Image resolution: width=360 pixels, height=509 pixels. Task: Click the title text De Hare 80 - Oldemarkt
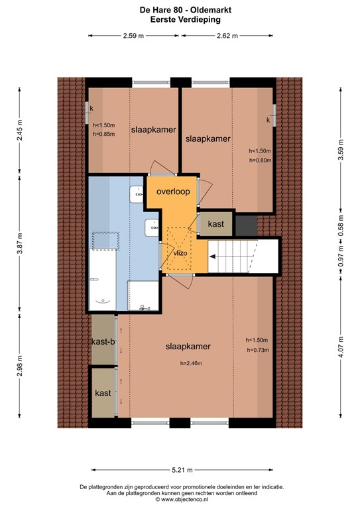click(x=180, y=11)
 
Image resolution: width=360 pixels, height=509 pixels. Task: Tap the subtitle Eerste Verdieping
click(x=180, y=20)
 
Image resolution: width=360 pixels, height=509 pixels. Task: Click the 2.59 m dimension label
click(x=133, y=36)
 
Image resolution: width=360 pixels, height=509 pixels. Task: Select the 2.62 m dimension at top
click(x=227, y=36)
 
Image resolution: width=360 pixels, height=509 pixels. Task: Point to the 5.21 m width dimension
click(x=180, y=470)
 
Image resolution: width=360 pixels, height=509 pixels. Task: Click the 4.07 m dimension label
click(x=340, y=347)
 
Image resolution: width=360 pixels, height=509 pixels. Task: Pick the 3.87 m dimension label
click(x=21, y=243)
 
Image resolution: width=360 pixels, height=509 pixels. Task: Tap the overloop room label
click(x=173, y=192)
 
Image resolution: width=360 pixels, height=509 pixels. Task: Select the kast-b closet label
click(x=103, y=341)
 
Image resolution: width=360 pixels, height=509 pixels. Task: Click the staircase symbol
click(x=242, y=256)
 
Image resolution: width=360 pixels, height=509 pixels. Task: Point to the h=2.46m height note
click(x=190, y=363)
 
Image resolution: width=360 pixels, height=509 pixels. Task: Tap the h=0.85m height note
click(x=104, y=134)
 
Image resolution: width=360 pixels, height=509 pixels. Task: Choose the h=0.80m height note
click(x=260, y=160)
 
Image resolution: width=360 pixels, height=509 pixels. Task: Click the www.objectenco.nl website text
click(x=180, y=501)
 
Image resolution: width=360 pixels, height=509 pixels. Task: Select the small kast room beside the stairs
click(x=215, y=225)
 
